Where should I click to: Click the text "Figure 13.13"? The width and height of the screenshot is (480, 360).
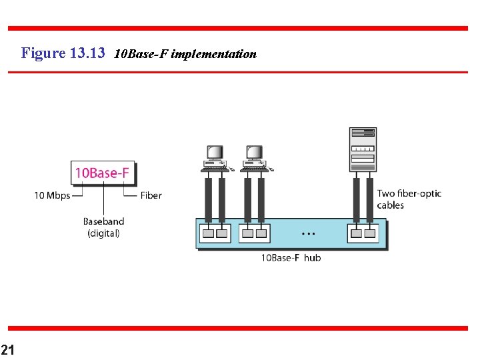(63, 53)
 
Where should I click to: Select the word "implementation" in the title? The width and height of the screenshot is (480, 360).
(213, 54)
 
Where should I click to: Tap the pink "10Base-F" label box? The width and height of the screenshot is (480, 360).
(103, 173)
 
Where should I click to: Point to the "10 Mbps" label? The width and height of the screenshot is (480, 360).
(52, 195)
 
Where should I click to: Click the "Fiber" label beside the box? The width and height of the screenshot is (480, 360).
(151, 195)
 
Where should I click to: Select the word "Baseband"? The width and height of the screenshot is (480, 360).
(103, 221)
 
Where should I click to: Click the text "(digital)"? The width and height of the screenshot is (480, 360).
(103, 233)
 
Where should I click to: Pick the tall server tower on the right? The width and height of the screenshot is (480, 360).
(363, 149)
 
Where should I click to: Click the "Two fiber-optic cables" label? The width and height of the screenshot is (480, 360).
(409, 199)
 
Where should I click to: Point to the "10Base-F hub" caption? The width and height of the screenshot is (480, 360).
(290, 257)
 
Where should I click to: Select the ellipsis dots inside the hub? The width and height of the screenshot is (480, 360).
(308, 234)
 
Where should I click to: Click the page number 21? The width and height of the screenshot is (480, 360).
(7, 349)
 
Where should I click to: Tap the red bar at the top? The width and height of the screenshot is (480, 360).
(237, 28)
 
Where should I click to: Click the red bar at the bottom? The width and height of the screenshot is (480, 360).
(237, 328)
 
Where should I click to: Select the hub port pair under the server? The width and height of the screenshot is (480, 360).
(362, 233)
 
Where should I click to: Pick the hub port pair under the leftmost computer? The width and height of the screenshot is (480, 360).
(215, 233)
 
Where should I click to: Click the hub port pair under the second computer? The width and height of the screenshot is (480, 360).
(253, 233)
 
